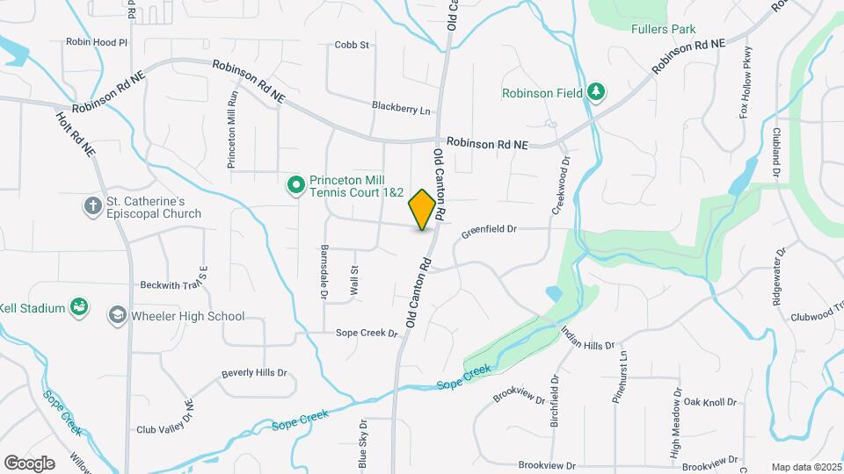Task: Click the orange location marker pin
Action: (x=422, y=209)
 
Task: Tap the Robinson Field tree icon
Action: (x=596, y=92)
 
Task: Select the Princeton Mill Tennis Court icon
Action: (x=296, y=185)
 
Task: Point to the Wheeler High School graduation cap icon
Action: (x=117, y=315)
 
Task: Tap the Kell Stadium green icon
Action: (x=79, y=307)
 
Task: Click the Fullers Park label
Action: (x=663, y=29)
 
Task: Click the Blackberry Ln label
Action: (x=401, y=110)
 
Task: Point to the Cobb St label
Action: (x=351, y=45)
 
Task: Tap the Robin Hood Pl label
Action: (x=97, y=41)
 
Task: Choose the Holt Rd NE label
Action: (x=76, y=134)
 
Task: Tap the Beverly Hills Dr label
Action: (x=254, y=372)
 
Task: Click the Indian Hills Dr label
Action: (x=587, y=339)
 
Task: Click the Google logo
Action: (x=29, y=463)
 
